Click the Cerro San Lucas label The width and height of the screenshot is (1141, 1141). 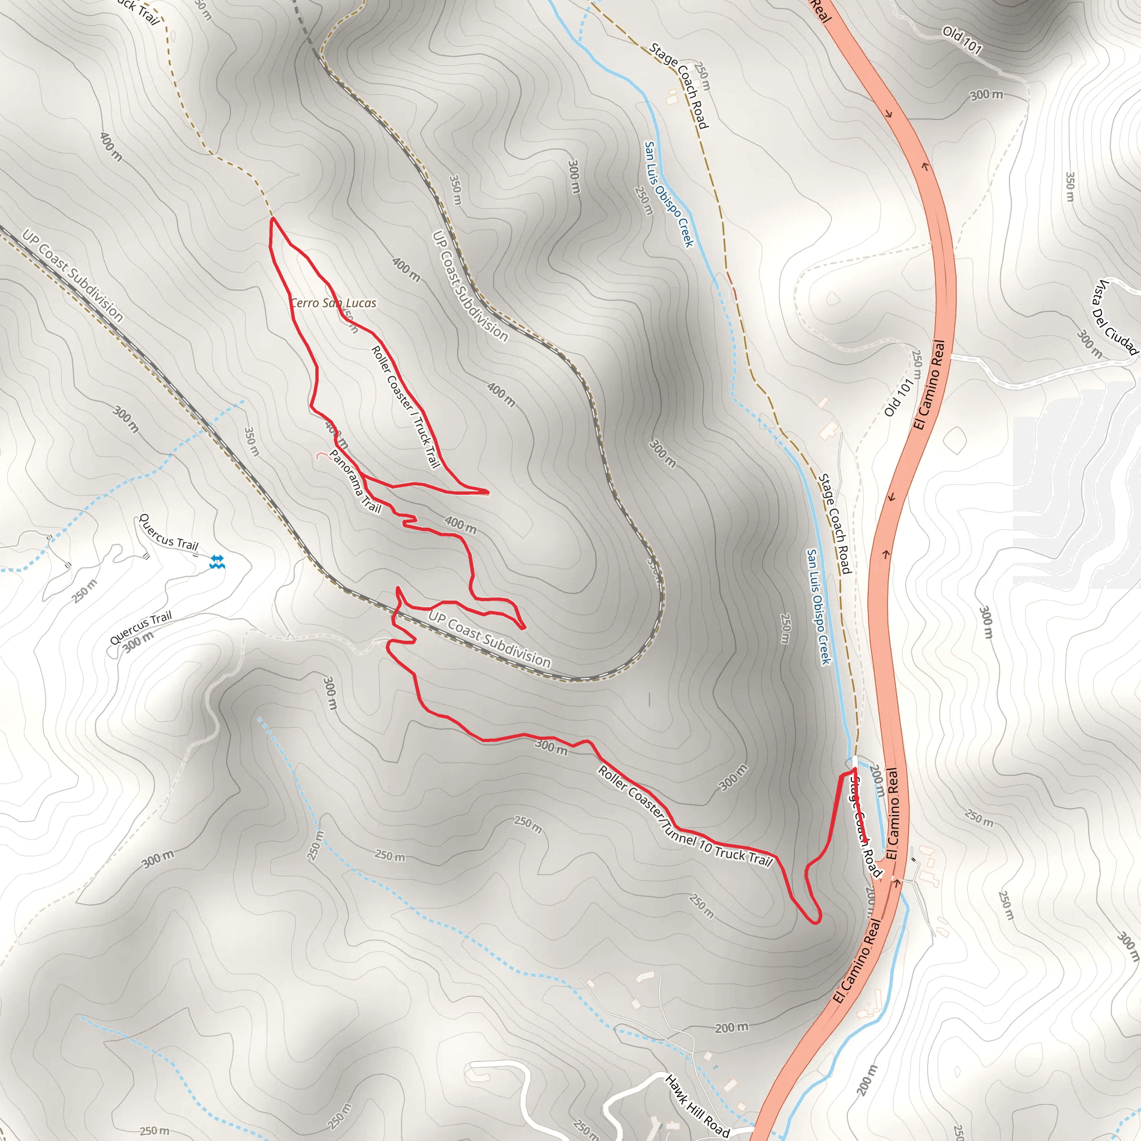[x=334, y=303]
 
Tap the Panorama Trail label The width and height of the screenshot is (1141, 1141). [x=355, y=481]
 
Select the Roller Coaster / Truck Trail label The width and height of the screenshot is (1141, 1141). [x=406, y=407]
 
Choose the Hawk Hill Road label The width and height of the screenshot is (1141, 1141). [x=697, y=1105]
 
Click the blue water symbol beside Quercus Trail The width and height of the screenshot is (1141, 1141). [x=217, y=562]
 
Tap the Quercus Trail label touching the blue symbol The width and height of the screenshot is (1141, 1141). [x=168, y=533]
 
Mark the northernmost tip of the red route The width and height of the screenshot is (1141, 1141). [x=273, y=218]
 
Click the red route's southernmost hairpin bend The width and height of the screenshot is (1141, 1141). [x=817, y=922]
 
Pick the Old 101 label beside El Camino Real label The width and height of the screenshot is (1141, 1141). [x=899, y=397]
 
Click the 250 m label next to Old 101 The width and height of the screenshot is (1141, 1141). [x=916, y=366]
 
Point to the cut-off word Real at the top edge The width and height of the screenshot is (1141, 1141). [x=820, y=11]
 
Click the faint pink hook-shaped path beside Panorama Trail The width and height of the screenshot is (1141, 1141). [x=322, y=455]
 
